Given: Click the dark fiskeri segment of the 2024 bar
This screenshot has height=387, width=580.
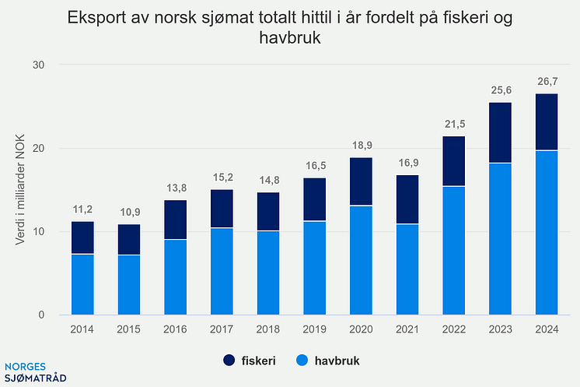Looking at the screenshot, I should click(x=546, y=121).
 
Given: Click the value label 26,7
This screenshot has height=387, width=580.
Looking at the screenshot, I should click(x=546, y=80).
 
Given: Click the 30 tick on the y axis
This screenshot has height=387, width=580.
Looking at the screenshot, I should click(x=40, y=65).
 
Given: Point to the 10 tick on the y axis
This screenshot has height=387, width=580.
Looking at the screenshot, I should click(x=40, y=231).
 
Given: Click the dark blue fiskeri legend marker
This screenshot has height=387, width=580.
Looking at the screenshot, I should click(x=229, y=361).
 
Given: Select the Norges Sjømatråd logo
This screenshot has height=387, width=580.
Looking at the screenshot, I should click(x=36, y=371).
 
